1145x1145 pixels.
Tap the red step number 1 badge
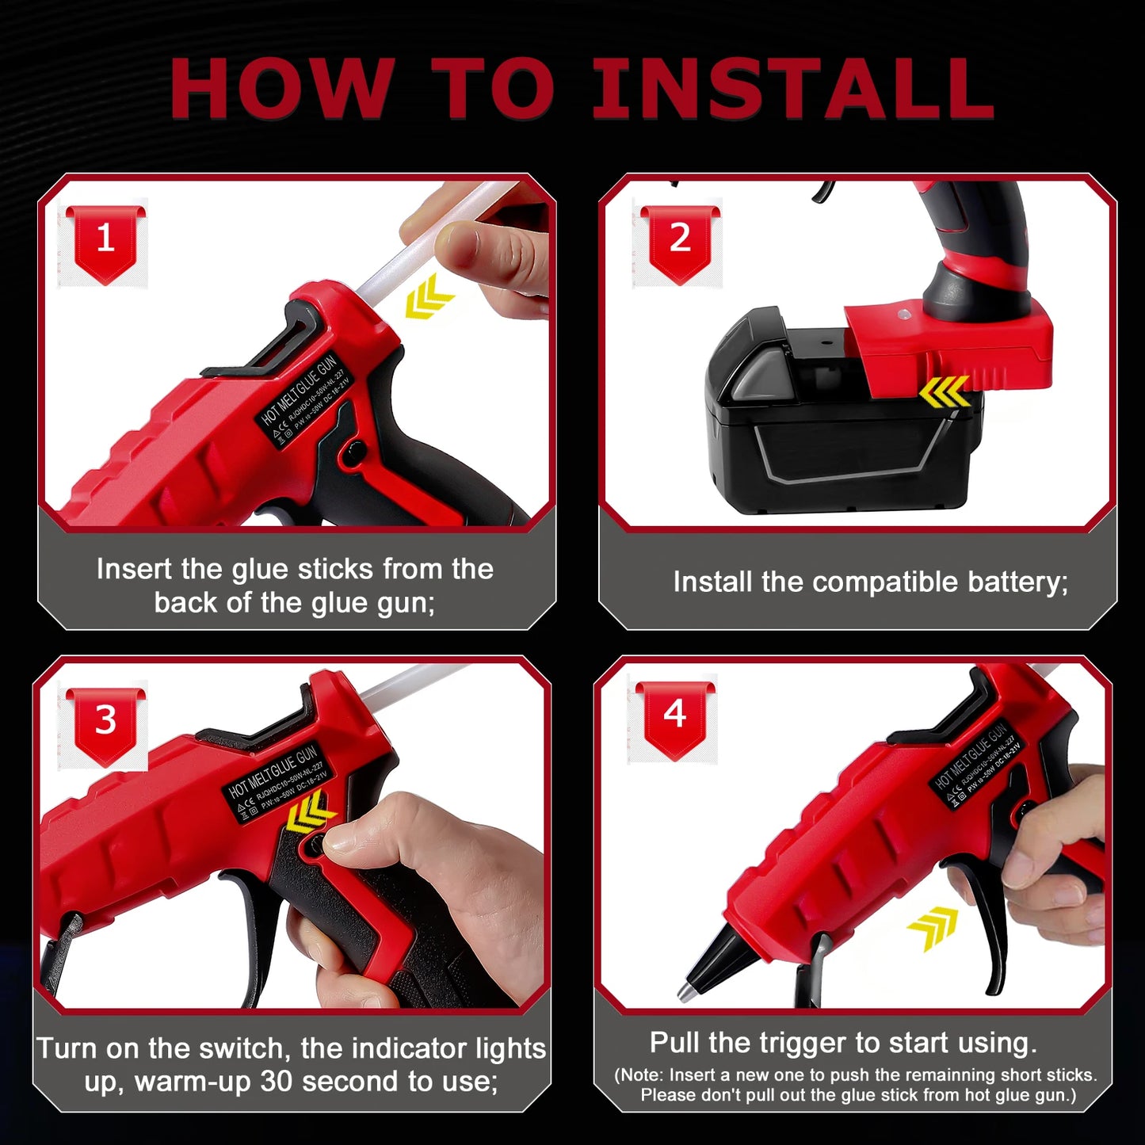click(x=105, y=240)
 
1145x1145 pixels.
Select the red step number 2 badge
click(x=680, y=240)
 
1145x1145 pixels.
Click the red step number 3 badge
click(x=105, y=722)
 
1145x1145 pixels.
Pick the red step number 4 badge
click(x=675, y=716)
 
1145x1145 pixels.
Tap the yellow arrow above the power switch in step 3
click(x=310, y=814)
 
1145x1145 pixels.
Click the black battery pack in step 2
click(x=840, y=444)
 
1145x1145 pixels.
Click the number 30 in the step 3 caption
click(x=277, y=1082)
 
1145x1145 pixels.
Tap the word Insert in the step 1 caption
click(x=133, y=569)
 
